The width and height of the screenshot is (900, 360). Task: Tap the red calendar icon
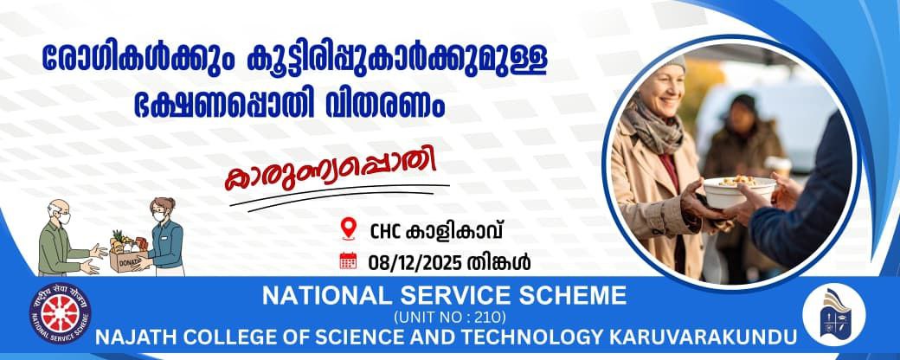(x=348, y=260)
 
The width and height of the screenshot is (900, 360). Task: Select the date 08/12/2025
(x=415, y=262)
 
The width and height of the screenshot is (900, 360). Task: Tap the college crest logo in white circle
(x=833, y=316)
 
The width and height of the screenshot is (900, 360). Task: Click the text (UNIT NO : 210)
(x=449, y=316)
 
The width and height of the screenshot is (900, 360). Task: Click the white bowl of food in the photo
(x=739, y=191)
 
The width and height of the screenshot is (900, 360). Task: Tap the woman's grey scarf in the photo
(x=654, y=124)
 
